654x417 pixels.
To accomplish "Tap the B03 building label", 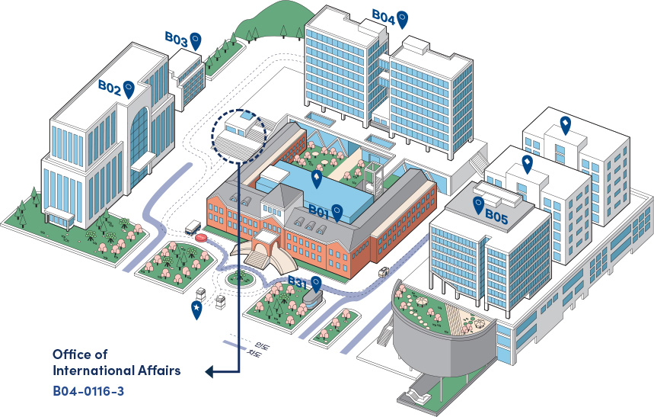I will pos(176,37).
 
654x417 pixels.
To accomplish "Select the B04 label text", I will pos(383,16).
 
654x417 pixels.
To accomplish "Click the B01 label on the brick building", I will pos(318,210).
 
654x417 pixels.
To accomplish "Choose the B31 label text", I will pos(297,283).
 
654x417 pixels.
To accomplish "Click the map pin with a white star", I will pos(197,309).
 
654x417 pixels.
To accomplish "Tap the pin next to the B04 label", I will pos(403,18).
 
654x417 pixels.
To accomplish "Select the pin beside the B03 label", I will pos(196,39).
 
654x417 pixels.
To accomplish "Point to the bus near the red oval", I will pos(193,226).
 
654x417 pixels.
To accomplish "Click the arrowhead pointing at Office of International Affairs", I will pos(209,372).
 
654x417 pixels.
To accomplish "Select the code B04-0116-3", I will pos(88,390).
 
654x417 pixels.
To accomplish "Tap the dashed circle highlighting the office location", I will pos(238,136).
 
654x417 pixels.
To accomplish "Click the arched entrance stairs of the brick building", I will pos(262,254).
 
